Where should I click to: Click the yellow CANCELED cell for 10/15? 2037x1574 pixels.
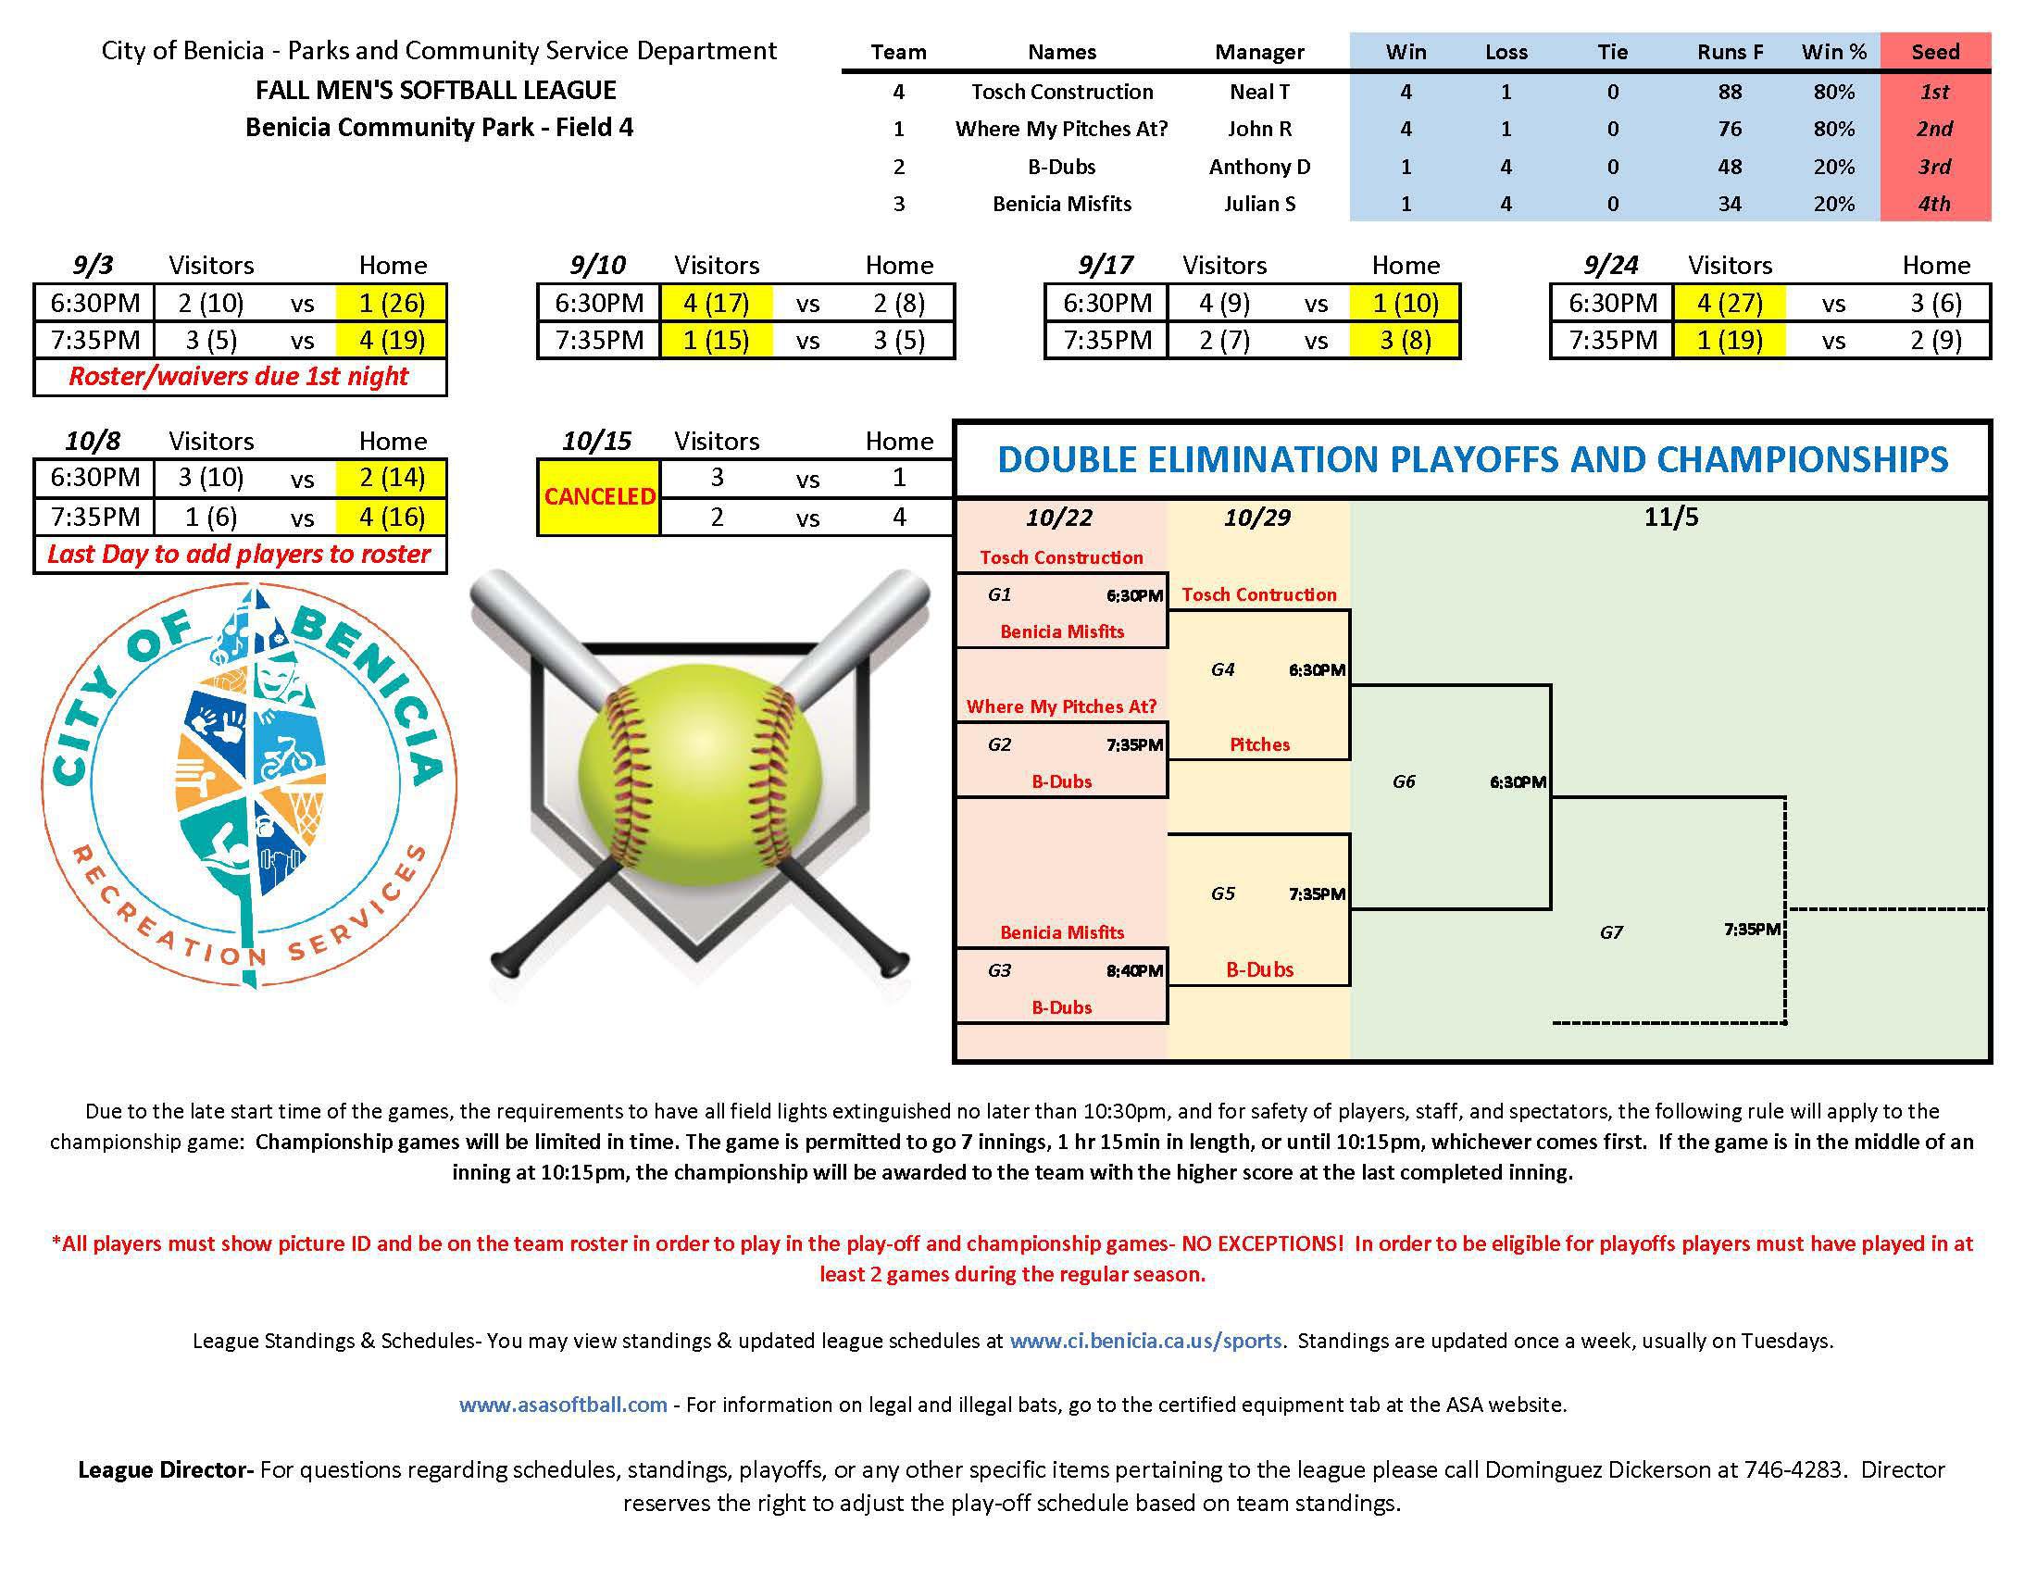click(x=599, y=497)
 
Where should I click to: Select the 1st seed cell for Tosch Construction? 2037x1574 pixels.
click(x=1934, y=92)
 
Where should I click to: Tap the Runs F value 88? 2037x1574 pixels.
click(x=1730, y=92)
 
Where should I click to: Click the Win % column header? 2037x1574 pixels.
click(x=1833, y=51)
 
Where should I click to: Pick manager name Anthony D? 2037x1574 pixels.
click(x=1259, y=167)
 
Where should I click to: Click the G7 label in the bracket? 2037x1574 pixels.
click(x=1611, y=931)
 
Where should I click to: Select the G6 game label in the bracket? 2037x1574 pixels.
click(x=1404, y=781)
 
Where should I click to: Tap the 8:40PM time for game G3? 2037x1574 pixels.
click(x=1134, y=970)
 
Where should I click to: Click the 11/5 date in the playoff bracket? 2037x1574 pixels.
click(x=1670, y=518)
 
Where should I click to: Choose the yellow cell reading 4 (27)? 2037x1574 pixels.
click(x=1730, y=303)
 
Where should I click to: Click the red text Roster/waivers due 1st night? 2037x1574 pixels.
click(x=239, y=376)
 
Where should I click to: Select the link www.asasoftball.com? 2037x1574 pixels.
click(x=562, y=1405)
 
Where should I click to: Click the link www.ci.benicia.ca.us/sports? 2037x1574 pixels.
click(x=1145, y=1341)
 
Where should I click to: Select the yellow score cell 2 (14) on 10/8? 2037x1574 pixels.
click(x=392, y=478)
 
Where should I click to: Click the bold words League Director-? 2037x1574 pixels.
click(x=165, y=1469)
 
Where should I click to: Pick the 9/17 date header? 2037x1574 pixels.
click(x=1106, y=266)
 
